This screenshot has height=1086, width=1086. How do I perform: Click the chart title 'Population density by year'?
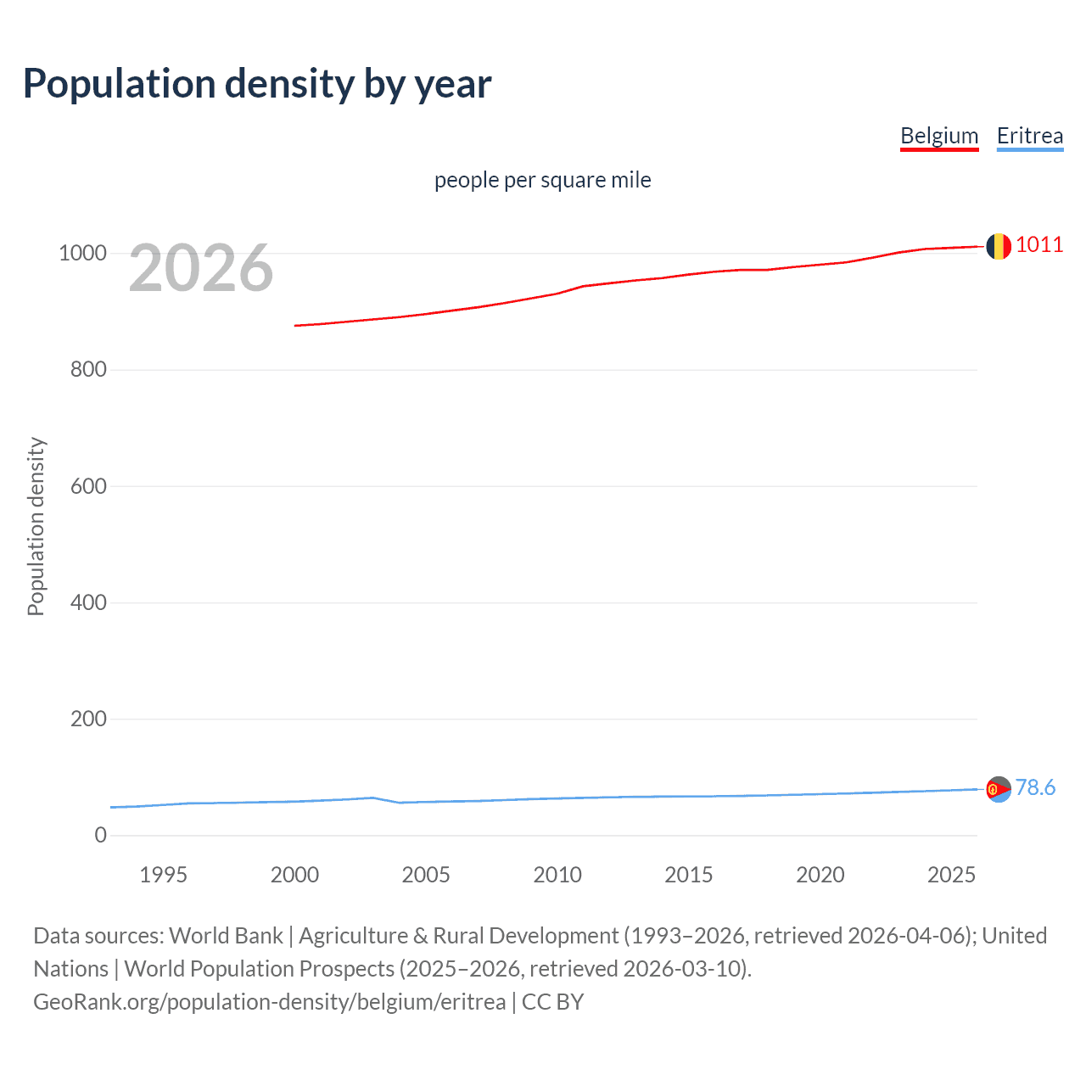click(x=257, y=84)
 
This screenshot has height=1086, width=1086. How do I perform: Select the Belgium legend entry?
click(x=939, y=136)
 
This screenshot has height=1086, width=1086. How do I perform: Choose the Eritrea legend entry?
click(x=1029, y=136)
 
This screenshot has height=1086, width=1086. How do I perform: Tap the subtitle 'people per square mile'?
click(x=542, y=180)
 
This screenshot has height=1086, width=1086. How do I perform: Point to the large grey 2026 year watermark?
click(x=201, y=268)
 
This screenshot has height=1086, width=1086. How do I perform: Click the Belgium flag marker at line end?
click(x=999, y=246)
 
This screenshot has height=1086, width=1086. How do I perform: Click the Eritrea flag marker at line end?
click(x=999, y=789)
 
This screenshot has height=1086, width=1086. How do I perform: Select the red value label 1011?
click(x=1038, y=244)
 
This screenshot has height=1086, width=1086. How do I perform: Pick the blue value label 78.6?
click(x=1035, y=787)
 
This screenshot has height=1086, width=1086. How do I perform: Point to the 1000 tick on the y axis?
click(x=82, y=253)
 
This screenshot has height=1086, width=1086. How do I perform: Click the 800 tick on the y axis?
click(x=88, y=369)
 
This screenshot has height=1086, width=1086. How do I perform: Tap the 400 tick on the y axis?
click(x=88, y=602)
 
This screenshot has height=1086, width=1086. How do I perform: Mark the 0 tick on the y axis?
click(x=101, y=835)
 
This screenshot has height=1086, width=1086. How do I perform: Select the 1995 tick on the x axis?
click(x=163, y=875)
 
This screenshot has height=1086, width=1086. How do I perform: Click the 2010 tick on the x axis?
click(x=557, y=875)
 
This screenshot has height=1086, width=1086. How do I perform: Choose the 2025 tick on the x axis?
click(x=951, y=875)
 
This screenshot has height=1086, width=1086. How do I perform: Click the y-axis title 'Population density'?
click(x=36, y=526)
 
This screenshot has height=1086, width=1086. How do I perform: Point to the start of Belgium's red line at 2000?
click(x=295, y=325)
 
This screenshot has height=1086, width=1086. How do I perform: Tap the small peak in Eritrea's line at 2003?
click(x=373, y=798)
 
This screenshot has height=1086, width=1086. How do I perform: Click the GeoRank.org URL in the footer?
click(x=269, y=1002)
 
